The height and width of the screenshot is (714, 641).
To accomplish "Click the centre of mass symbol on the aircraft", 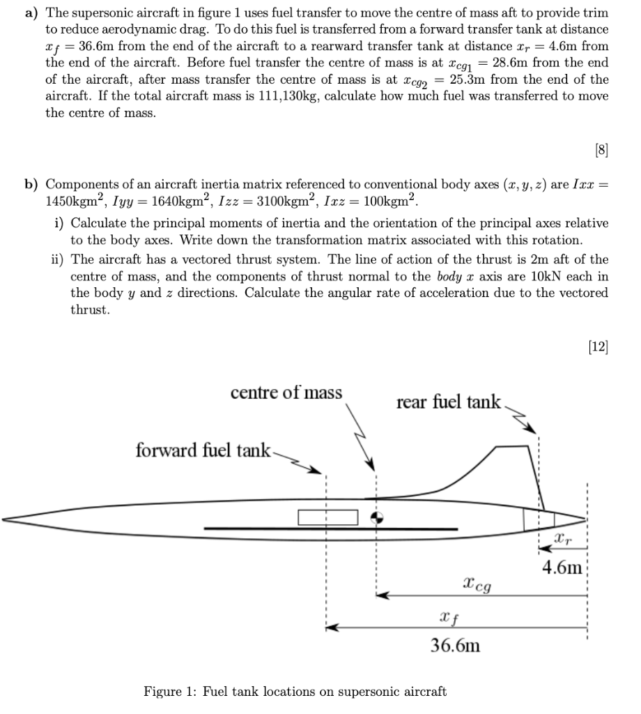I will [376, 517].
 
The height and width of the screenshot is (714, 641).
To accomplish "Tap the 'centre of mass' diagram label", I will [286, 393].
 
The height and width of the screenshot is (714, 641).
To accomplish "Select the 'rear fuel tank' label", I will [449, 402].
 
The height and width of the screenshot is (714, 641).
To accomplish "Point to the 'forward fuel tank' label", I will [203, 450].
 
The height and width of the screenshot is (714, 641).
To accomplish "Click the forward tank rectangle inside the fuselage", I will [327, 517].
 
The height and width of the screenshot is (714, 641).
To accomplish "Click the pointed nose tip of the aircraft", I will [6, 518].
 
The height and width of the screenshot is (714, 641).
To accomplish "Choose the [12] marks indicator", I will [596, 347].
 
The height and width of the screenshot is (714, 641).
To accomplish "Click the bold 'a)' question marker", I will [32, 13].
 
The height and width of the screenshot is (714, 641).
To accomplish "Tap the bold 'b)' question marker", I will [32, 185].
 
